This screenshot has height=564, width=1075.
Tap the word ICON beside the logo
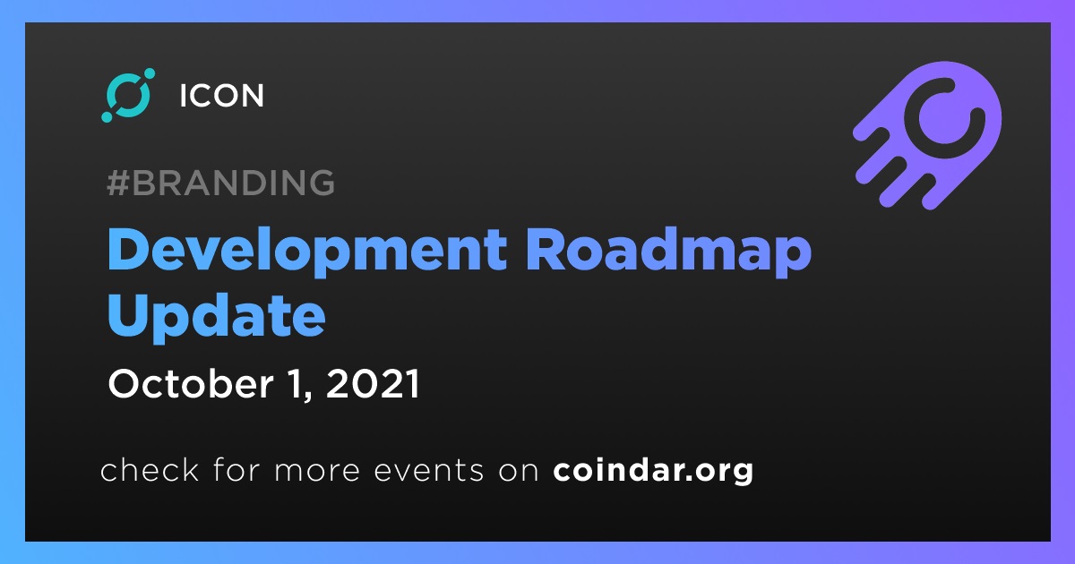pyautogui.click(x=222, y=96)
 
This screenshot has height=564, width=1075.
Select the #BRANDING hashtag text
pyautogui.click(x=220, y=183)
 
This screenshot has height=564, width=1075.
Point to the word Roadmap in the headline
pyautogui.click(x=668, y=251)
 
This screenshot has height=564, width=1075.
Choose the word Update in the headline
pyautogui.click(x=217, y=318)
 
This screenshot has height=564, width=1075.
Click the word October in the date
pyautogui.click(x=191, y=384)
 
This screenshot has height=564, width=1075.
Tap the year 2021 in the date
pyautogui.click(x=373, y=384)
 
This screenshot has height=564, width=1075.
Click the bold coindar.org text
pyautogui.click(x=653, y=471)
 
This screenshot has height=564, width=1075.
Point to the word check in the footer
pyautogui.click(x=150, y=469)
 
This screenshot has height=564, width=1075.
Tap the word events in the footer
pyautogui.click(x=429, y=471)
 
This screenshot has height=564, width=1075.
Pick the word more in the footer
pyautogui.click(x=317, y=471)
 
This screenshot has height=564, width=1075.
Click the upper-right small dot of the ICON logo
pyautogui.click(x=150, y=73)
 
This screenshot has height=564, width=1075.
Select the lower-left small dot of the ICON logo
pyautogui.click(x=107, y=116)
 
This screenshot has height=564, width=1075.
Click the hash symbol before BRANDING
pyautogui.click(x=118, y=183)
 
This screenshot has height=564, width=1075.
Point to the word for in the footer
pyautogui.click(x=236, y=469)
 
